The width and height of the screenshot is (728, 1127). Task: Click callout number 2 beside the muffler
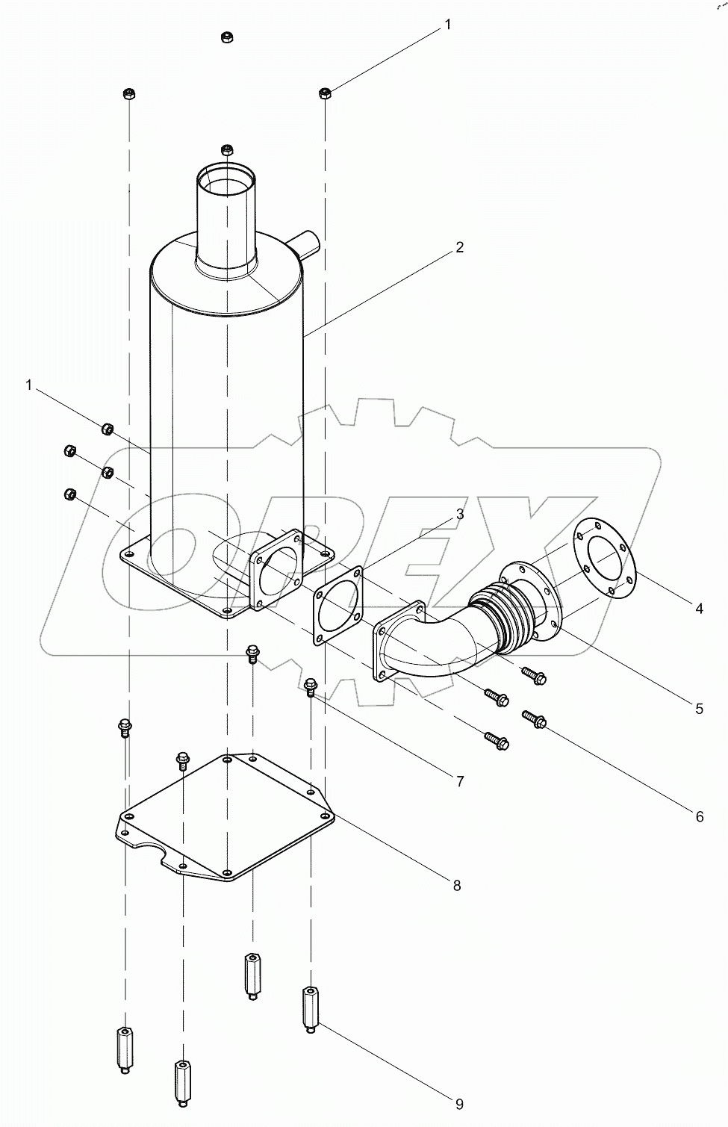click(460, 247)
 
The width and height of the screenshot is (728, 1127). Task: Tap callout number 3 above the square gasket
click(460, 514)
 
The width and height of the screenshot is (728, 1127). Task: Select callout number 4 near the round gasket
click(699, 609)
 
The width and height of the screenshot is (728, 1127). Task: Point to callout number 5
click(699, 709)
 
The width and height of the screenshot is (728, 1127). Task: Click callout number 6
click(699, 816)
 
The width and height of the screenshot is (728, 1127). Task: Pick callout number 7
click(460, 781)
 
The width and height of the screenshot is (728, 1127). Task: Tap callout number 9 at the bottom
click(460, 1104)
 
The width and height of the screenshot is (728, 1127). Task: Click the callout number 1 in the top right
click(448, 25)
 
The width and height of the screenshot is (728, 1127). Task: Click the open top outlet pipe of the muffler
click(226, 183)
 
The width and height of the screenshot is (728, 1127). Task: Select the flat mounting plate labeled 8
click(224, 818)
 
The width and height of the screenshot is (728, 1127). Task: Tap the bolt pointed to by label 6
click(535, 720)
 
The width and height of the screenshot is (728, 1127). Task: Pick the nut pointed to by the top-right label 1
click(325, 93)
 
